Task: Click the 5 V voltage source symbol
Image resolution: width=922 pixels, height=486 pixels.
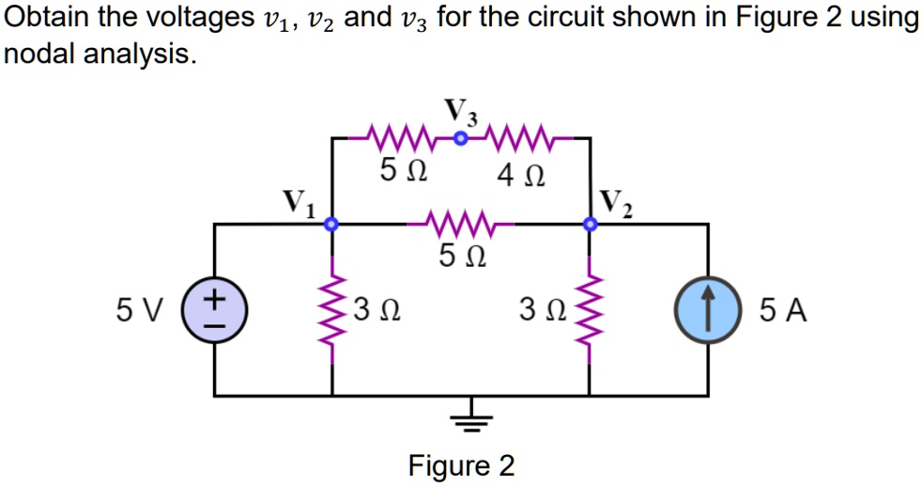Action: point(216,309)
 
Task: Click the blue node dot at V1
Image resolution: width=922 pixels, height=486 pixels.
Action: point(330,225)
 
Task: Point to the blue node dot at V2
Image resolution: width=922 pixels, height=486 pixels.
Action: point(590,225)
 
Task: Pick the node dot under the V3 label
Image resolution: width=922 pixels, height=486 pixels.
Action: point(460,138)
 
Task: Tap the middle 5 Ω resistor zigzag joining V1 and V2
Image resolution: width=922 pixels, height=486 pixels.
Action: point(460,225)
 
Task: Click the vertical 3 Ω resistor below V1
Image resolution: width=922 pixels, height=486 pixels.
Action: point(330,309)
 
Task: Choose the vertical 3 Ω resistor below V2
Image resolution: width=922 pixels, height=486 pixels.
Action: point(590,309)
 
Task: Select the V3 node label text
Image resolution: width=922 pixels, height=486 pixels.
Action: point(461,112)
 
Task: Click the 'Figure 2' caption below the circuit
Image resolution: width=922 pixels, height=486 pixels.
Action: point(461,465)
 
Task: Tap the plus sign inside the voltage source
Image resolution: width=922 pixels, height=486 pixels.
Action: point(216,299)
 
